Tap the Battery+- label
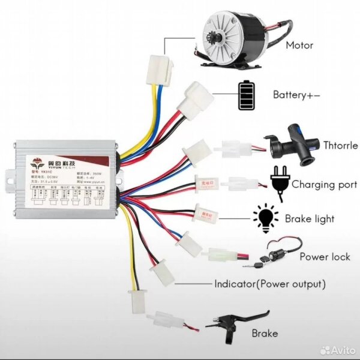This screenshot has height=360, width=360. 296,94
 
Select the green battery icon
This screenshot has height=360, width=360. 246,94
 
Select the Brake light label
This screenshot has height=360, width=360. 310,219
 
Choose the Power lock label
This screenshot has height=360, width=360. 325,257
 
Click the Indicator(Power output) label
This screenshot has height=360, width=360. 270,284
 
